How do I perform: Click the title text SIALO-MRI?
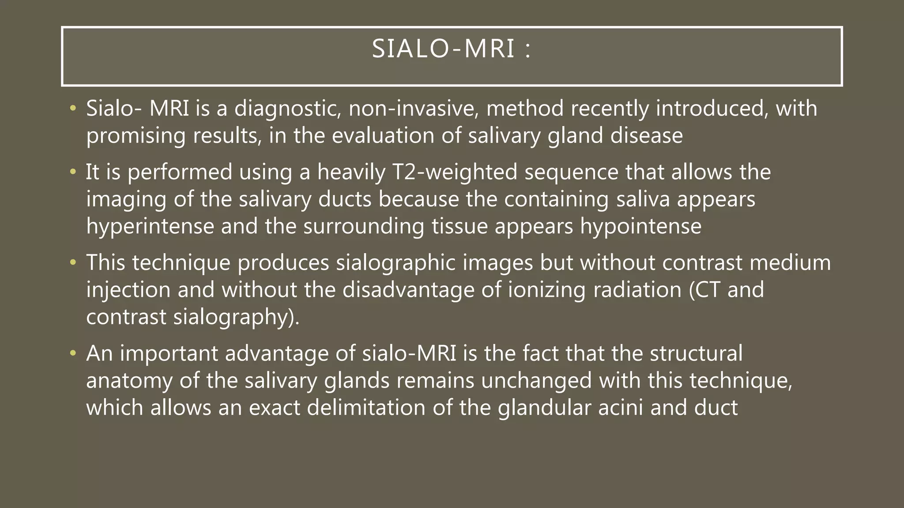[443, 49]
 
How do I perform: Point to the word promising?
[136, 136]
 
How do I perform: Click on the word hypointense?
[640, 227]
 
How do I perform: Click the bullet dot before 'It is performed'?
[73, 172]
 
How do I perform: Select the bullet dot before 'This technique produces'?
[73, 263]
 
